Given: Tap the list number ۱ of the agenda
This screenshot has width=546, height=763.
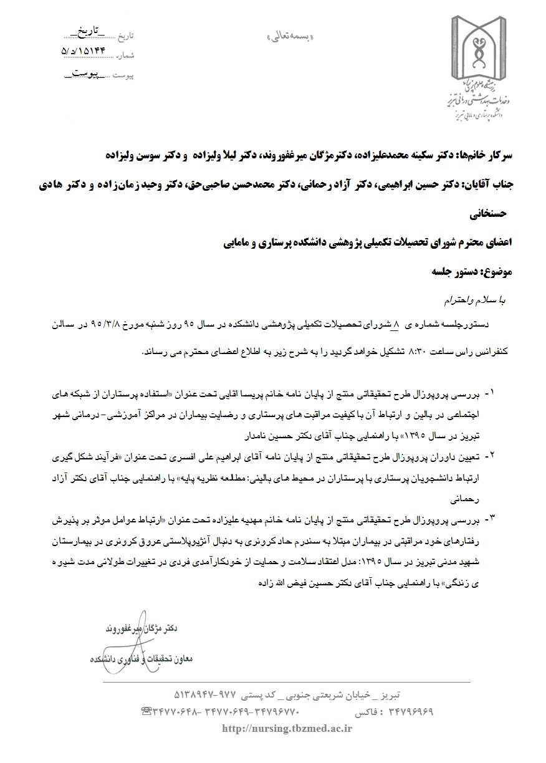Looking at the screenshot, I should tap(492, 393).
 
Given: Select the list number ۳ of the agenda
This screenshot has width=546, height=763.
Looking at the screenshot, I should tap(492, 519).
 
